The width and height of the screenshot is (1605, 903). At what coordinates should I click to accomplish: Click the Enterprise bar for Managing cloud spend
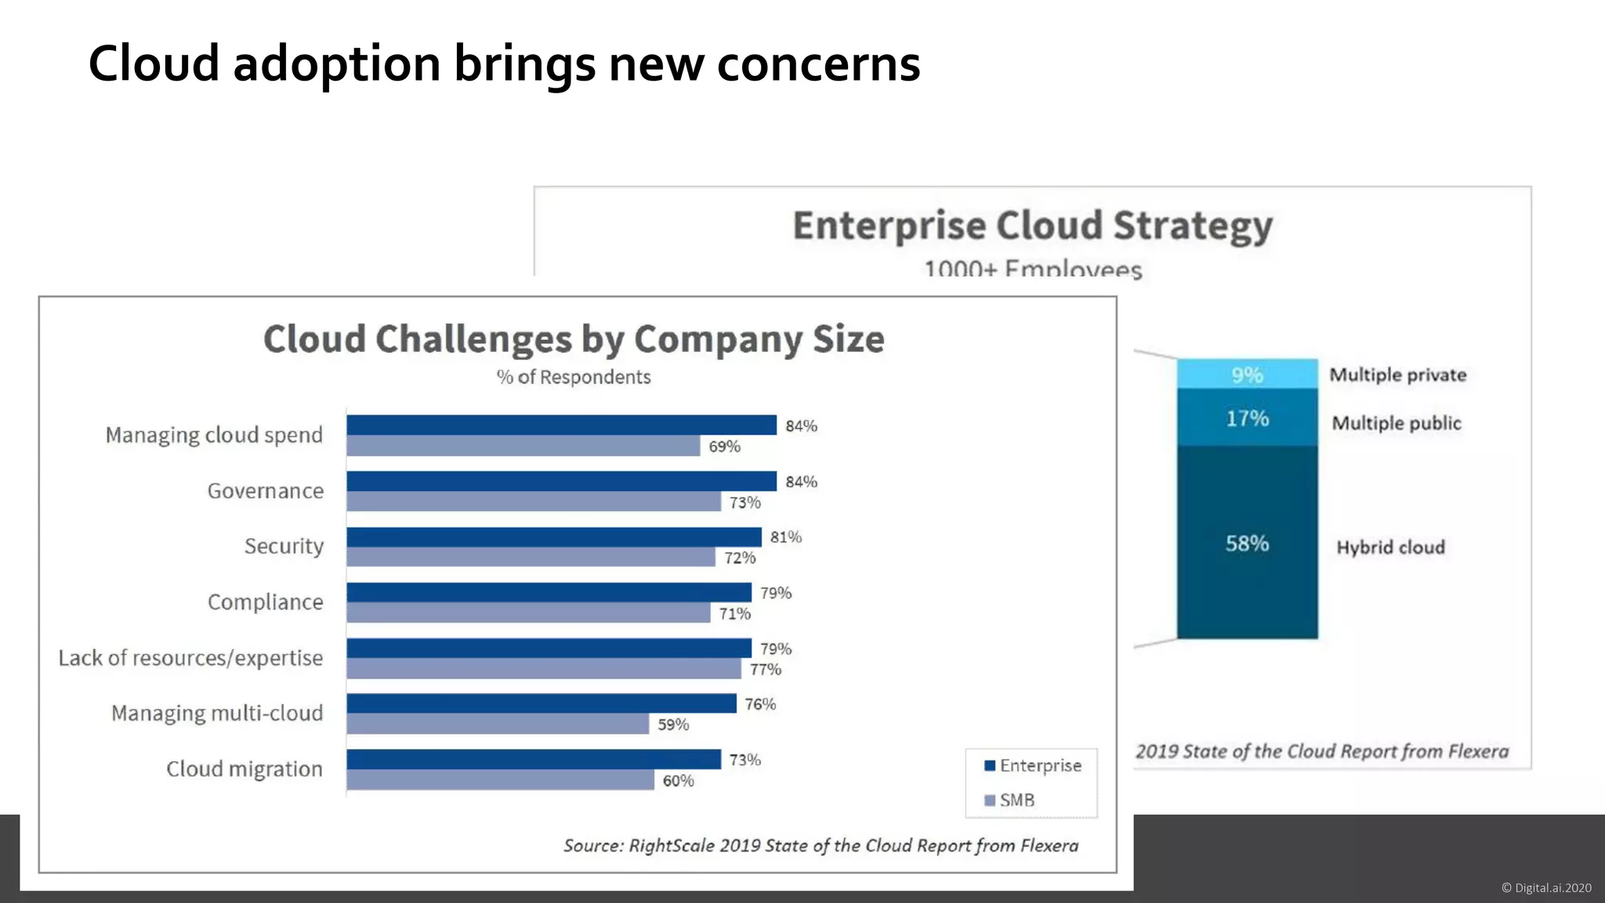tap(561, 425)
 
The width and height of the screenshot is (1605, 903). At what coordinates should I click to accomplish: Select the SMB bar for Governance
tap(533, 502)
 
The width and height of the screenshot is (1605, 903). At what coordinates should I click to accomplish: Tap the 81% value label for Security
tap(785, 537)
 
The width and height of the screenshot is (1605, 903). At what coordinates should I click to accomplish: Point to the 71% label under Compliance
tap(734, 614)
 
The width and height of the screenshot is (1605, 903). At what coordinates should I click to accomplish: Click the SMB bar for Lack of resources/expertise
tap(543, 669)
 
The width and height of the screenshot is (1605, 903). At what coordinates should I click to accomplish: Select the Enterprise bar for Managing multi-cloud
tap(541, 703)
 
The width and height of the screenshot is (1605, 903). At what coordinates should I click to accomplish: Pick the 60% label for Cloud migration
tap(678, 781)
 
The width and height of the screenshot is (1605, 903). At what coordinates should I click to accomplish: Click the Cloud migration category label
tap(244, 769)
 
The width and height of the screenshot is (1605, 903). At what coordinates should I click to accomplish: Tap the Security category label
tap(284, 546)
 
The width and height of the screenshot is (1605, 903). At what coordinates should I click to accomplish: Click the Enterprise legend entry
tap(1033, 765)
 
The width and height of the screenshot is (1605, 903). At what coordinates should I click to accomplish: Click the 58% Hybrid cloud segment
tap(1247, 542)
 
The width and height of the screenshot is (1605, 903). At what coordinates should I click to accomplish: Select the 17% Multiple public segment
tap(1247, 418)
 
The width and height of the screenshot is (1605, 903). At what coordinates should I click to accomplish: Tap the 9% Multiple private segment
tap(1247, 375)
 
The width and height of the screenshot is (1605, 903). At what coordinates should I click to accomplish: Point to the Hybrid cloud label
tap(1390, 547)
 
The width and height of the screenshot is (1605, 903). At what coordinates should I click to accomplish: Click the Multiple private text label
tap(1397, 375)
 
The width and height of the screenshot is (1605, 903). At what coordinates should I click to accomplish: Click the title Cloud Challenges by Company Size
tap(574, 339)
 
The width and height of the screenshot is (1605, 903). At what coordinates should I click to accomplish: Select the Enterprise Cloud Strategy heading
tap(1032, 226)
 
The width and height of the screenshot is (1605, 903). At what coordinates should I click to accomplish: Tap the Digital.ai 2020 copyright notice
tap(1545, 887)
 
